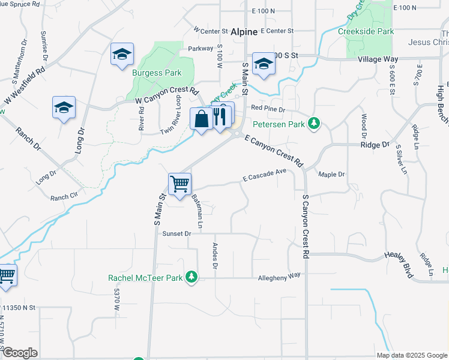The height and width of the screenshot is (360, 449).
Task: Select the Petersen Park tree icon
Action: pos(313,124)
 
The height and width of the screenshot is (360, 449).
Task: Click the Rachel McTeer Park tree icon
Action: pos(191,277)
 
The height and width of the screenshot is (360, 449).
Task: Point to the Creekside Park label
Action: pos(366,31)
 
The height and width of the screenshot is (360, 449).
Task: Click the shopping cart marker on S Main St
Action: pos(180,184)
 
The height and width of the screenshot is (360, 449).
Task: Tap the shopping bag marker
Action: pos(201,118)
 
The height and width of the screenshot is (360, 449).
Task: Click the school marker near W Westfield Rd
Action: pos(64,107)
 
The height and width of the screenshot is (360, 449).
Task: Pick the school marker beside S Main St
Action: pos(263,64)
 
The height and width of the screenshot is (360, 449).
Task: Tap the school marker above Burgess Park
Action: pos(122,55)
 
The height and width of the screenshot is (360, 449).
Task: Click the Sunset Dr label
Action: pos(176,233)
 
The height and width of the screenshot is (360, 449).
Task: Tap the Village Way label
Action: pos(378,59)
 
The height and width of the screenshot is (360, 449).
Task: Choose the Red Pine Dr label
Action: pos(268,109)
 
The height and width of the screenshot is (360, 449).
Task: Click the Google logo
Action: pos(20,353)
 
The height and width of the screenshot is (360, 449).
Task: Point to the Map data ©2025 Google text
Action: pos(412,355)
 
